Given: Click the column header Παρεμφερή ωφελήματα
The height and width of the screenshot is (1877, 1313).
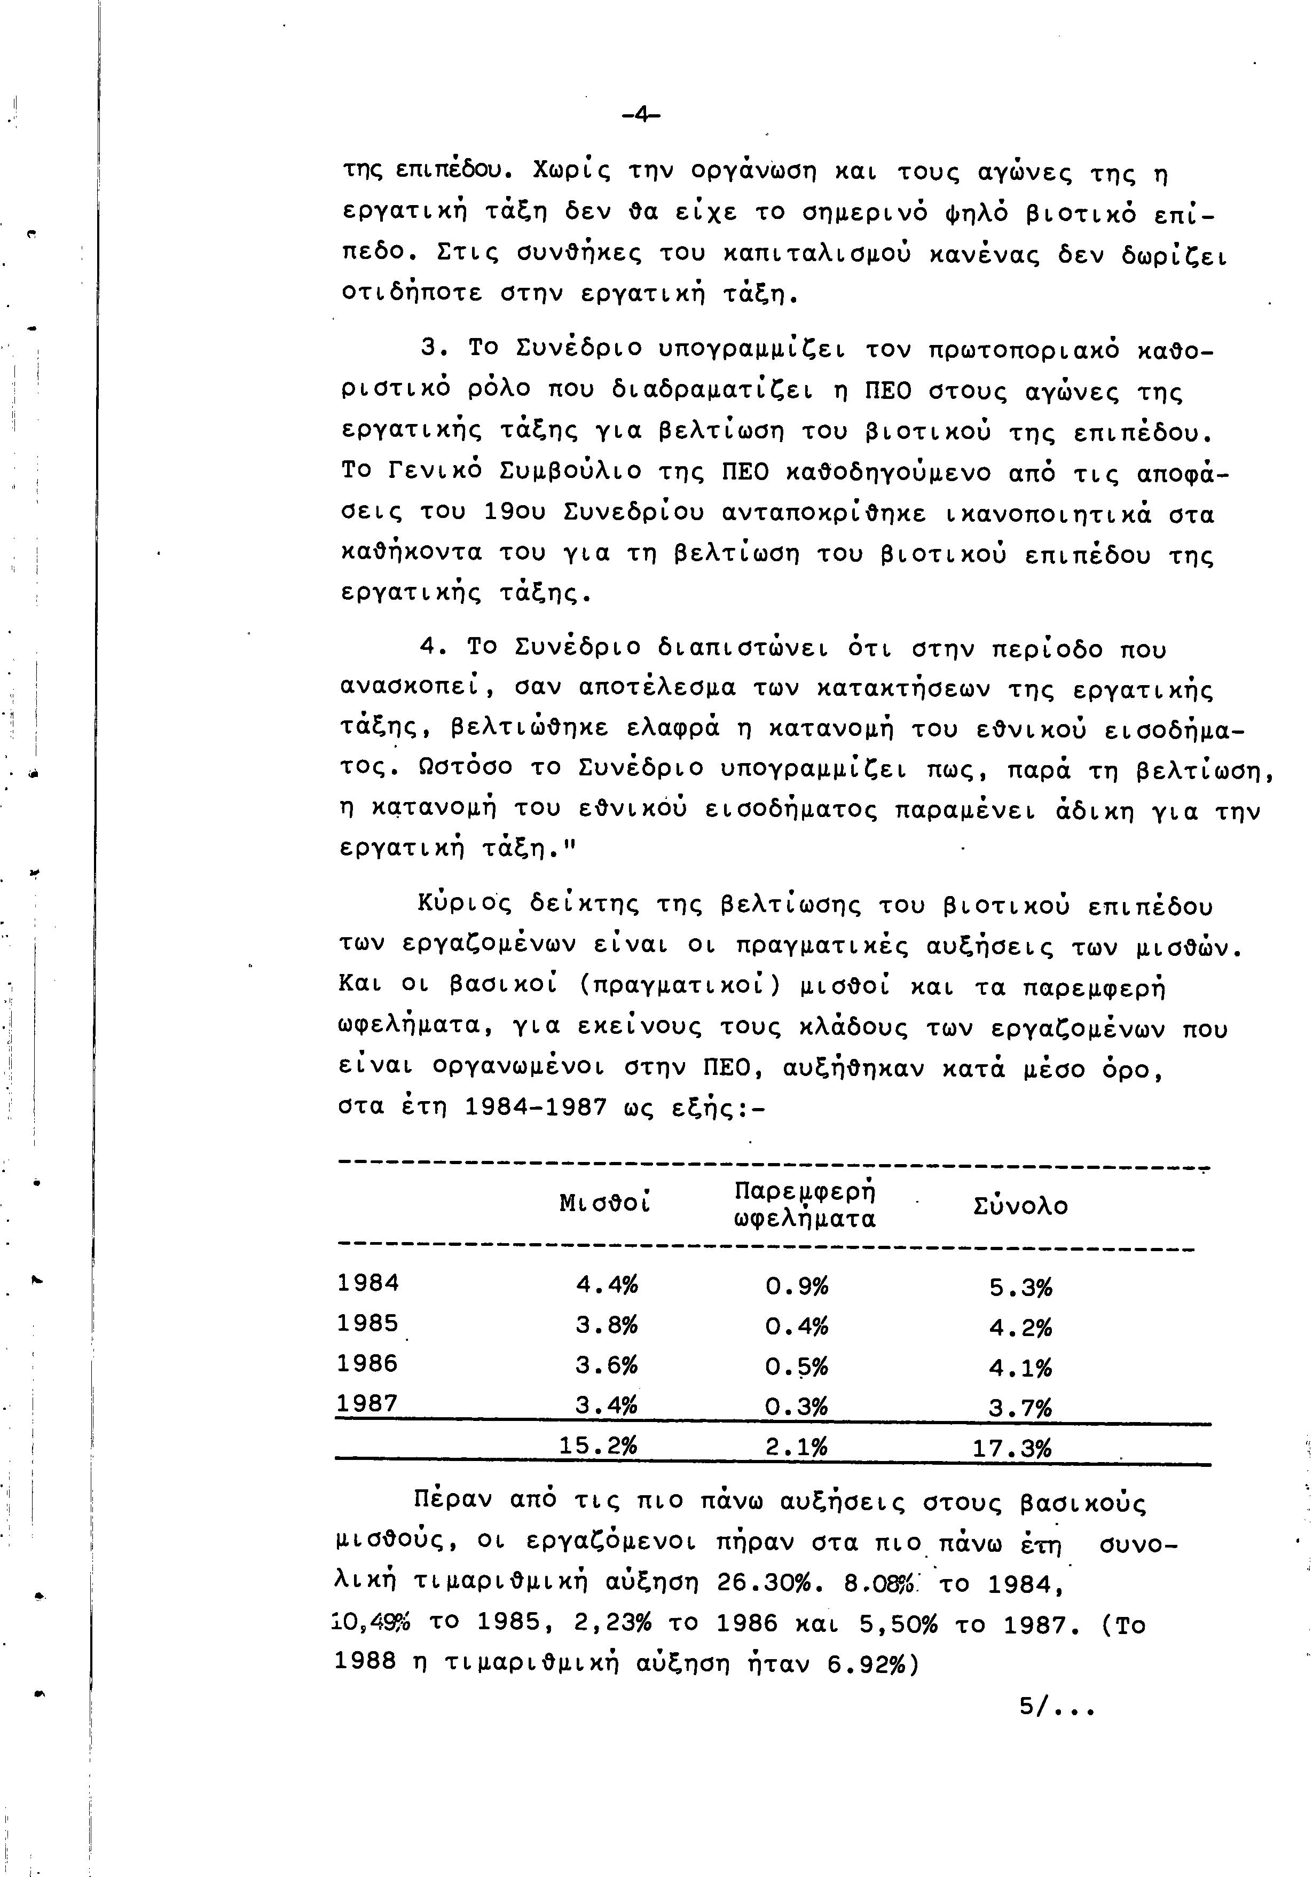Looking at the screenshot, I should pos(805,1205).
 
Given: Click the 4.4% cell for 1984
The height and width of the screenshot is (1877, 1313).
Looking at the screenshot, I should pos(607,1285).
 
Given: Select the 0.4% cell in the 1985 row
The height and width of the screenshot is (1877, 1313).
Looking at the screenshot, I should pos(797,1325).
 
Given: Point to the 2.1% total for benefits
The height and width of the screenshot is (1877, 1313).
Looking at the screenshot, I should pos(797,1447).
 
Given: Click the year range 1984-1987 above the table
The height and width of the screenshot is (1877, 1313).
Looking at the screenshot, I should pos(536,1107).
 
